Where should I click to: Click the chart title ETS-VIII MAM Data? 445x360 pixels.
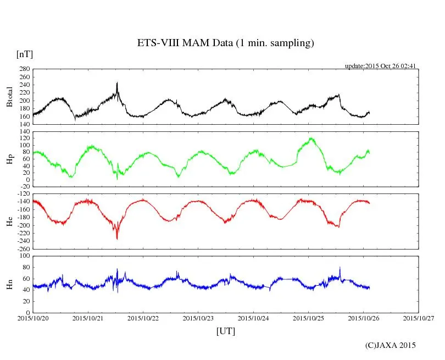coord(225,43)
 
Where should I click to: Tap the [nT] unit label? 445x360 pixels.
coord(25,54)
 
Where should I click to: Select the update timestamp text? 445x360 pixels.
coord(380,66)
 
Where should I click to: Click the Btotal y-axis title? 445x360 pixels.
coord(9,97)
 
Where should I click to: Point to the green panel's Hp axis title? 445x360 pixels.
coord(9,159)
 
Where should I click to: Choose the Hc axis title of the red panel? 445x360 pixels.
coord(9,221)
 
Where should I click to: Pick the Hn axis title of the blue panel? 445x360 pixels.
coord(9,284)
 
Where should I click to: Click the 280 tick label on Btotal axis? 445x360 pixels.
coord(24,69)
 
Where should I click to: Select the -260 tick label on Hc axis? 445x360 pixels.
coord(23,248)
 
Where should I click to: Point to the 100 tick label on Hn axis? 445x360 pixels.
coord(24,256)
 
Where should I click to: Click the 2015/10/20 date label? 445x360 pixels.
coord(33,318)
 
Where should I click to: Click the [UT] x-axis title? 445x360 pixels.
coord(226,331)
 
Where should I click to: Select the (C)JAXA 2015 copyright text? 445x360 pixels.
coord(391,345)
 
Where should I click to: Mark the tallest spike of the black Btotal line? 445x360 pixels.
coord(117,83)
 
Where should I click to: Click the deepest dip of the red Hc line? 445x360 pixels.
coord(117,239)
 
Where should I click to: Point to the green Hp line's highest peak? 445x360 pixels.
coord(311,138)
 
